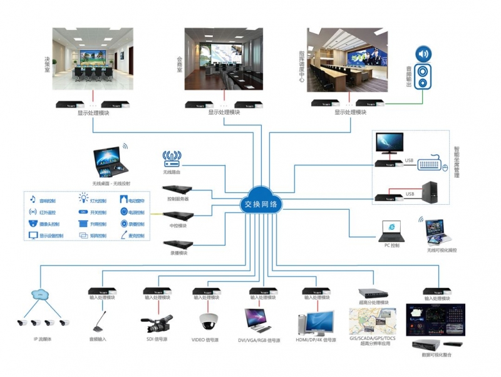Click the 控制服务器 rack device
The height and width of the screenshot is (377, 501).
click(x=177, y=189)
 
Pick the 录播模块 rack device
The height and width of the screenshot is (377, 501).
click(x=177, y=244)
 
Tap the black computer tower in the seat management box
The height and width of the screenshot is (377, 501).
click(x=430, y=192)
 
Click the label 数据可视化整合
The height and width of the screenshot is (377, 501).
click(x=436, y=354)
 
